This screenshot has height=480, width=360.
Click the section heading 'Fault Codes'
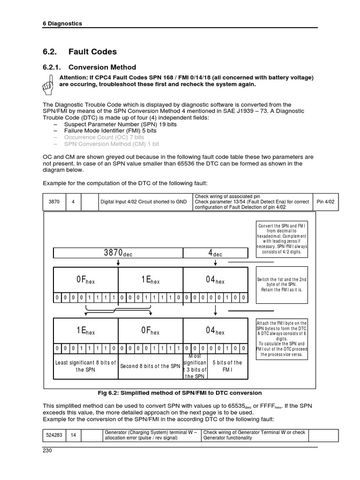pos(93,52)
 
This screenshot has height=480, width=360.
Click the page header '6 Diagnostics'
pos(62,23)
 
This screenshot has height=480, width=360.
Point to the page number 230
pos(47,451)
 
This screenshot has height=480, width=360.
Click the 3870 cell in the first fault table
pos(54,202)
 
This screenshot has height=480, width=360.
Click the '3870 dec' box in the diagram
pos(118,253)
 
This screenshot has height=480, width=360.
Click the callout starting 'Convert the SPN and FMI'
pos(282,238)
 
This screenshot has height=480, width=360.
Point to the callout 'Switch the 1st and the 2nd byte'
pos(282,285)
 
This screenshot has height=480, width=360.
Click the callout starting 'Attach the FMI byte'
pos(282,339)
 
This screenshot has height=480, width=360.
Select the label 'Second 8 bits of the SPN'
pos(150,366)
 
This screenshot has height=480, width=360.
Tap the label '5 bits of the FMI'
pos(227,366)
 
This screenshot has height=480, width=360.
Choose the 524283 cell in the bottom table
pos(54,435)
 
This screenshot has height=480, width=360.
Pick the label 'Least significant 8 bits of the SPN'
pos(86,366)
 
